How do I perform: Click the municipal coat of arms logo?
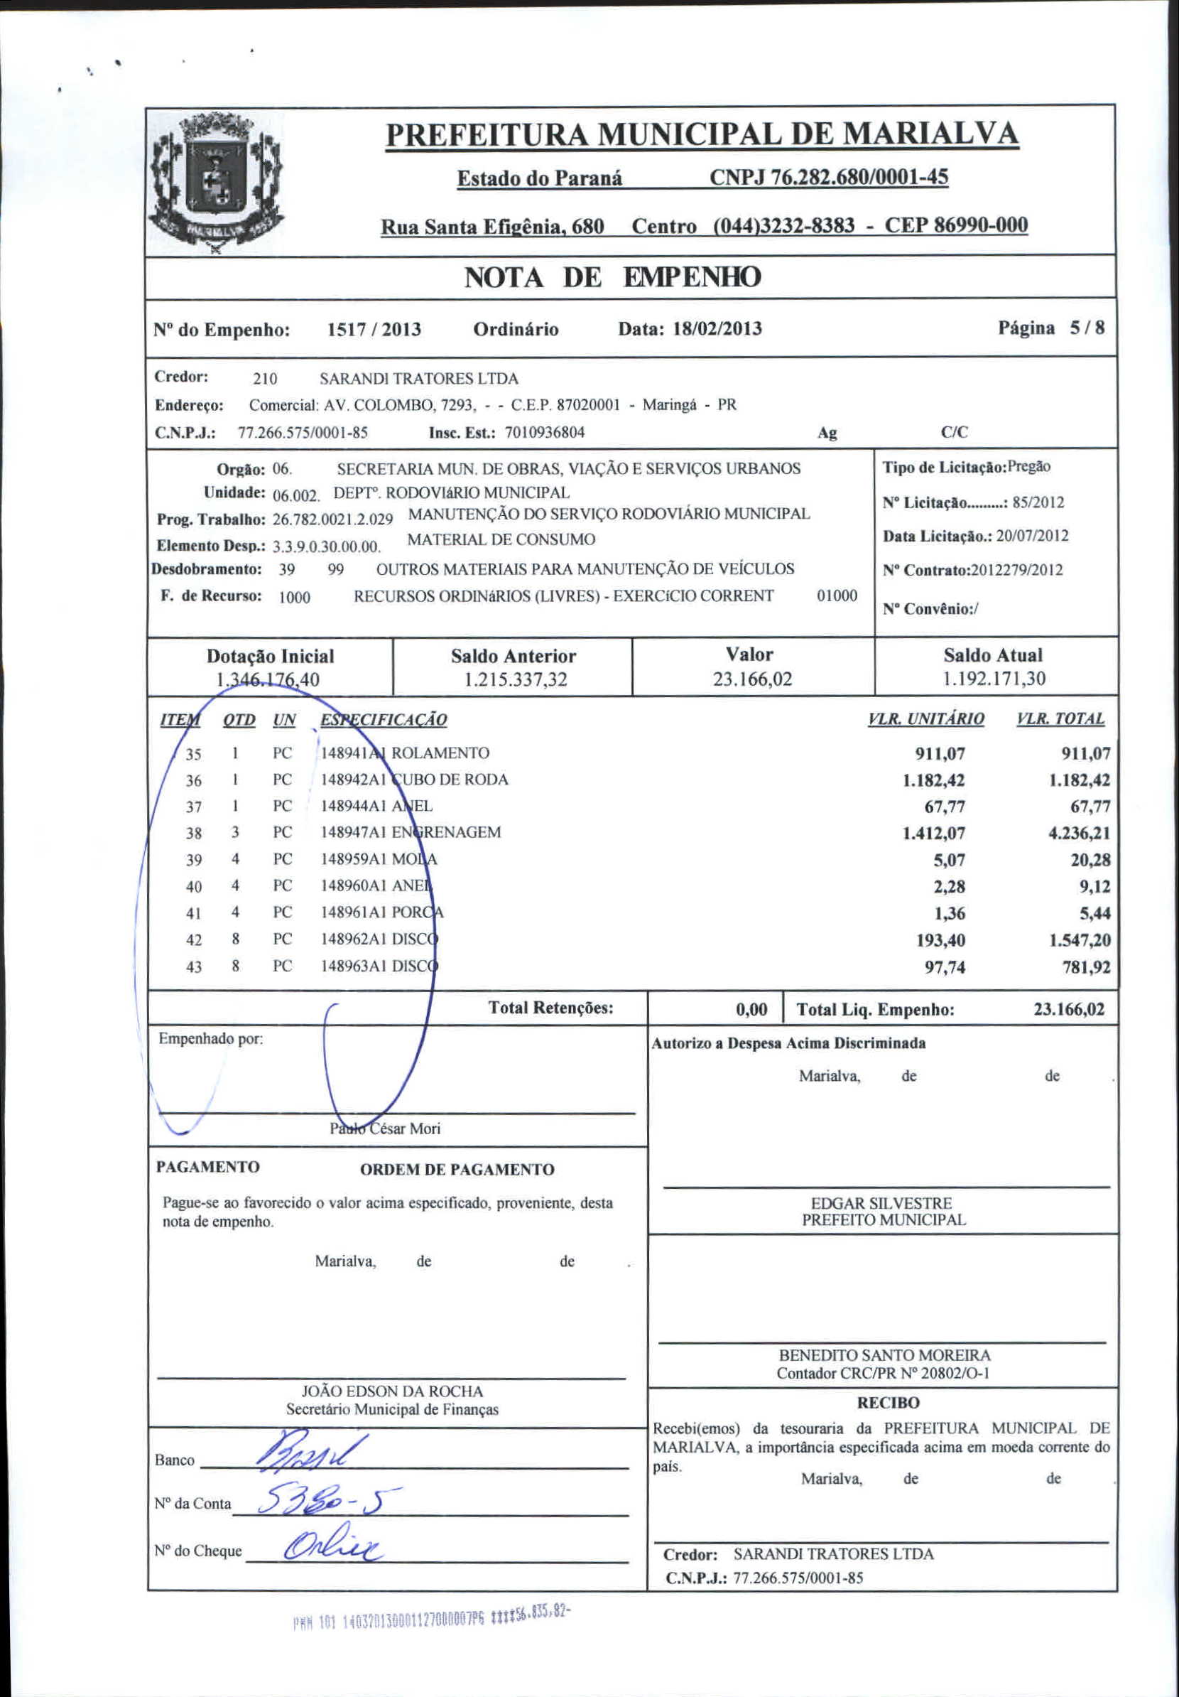(x=216, y=181)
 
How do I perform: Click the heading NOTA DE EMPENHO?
(x=612, y=278)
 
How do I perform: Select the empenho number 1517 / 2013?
(x=374, y=330)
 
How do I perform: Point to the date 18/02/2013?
(x=717, y=328)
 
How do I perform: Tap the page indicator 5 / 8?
(x=1087, y=328)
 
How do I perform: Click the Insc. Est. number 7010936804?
(x=545, y=432)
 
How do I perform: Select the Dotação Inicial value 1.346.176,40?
(x=268, y=679)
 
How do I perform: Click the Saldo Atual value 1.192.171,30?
(x=994, y=679)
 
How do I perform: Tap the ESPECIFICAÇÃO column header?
(x=384, y=720)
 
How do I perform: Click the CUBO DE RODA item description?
(x=449, y=780)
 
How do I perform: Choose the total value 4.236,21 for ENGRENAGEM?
(x=1080, y=833)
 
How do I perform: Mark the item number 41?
(x=194, y=914)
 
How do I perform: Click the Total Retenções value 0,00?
(x=751, y=1010)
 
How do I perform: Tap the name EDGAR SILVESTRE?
(x=881, y=1203)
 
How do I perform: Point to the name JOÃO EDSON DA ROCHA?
(x=392, y=1391)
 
